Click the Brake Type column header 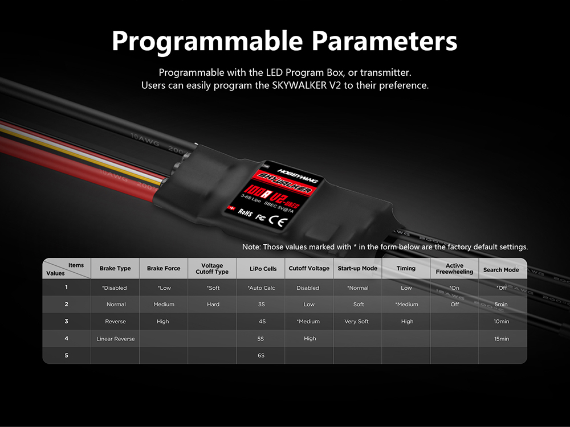point(115,268)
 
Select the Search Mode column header point(501,270)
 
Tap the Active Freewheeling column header point(454,268)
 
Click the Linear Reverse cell point(116,339)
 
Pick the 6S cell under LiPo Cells point(261,355)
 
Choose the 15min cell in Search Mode point(501,339)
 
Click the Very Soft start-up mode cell point(357,321)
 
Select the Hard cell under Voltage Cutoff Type point(213,304)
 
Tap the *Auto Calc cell point(262,288)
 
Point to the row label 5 point(67,355)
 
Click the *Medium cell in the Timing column point(407,304)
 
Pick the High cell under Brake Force point(163,321)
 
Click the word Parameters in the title point(384,40)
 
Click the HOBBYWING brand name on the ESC point(298,176)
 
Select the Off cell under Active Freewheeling point(455,304)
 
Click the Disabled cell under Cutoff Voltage point(308,288)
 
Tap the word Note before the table point(251,247)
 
